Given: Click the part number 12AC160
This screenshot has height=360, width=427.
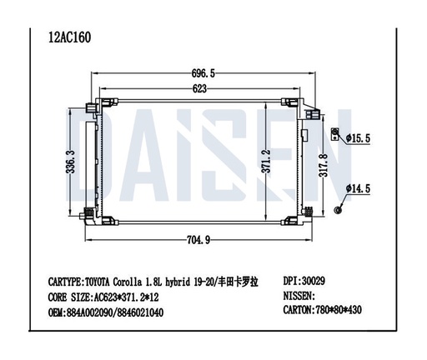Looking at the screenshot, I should pos(70,37).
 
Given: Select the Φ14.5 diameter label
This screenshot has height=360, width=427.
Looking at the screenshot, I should pos(358,190).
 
